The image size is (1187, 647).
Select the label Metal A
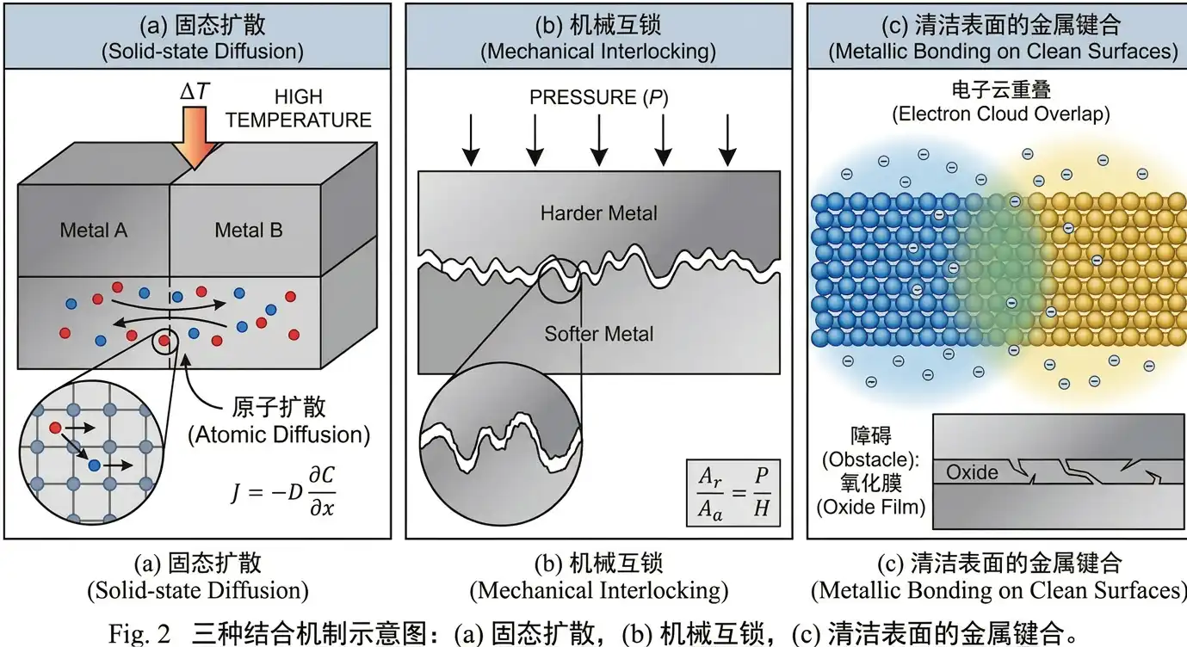(x=94, y=230)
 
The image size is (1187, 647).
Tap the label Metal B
(x=248, y=230)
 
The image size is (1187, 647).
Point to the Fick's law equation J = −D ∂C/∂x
(x=282, y=488)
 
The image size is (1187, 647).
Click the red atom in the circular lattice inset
(x=56, y=427)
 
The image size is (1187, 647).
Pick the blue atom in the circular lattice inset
(x=94, y=465)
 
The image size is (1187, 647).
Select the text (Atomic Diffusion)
(x=279, y=435)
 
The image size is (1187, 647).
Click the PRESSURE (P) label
(x=598, y=98)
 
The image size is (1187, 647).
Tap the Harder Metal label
(x=599, y=213)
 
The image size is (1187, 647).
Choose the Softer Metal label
(x=599, y=334)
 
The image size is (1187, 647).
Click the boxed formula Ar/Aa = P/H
(x=733, y=491)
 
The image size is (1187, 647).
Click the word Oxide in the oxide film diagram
(x=974, y=471)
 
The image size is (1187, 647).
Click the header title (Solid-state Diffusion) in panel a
(x=202, y=51)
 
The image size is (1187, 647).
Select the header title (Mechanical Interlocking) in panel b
(x=598, y=51)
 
